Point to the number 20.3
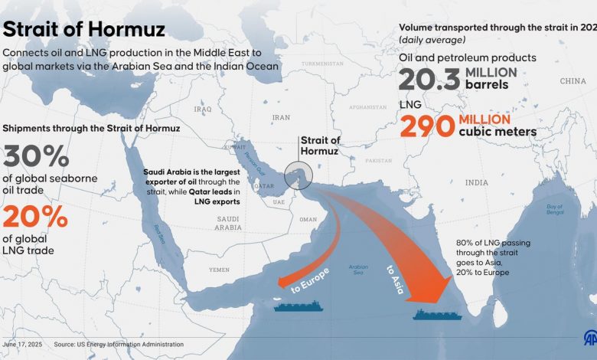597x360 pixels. [x=429, y=78]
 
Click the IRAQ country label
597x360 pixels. [x=203, y=109]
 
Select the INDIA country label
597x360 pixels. [x=476, y=182]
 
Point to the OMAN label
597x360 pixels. [x=308, y=219]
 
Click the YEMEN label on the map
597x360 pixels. [x=220, y=270]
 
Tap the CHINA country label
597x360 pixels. [x=573, y=80]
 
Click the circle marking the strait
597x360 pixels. [x=296, y=176]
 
